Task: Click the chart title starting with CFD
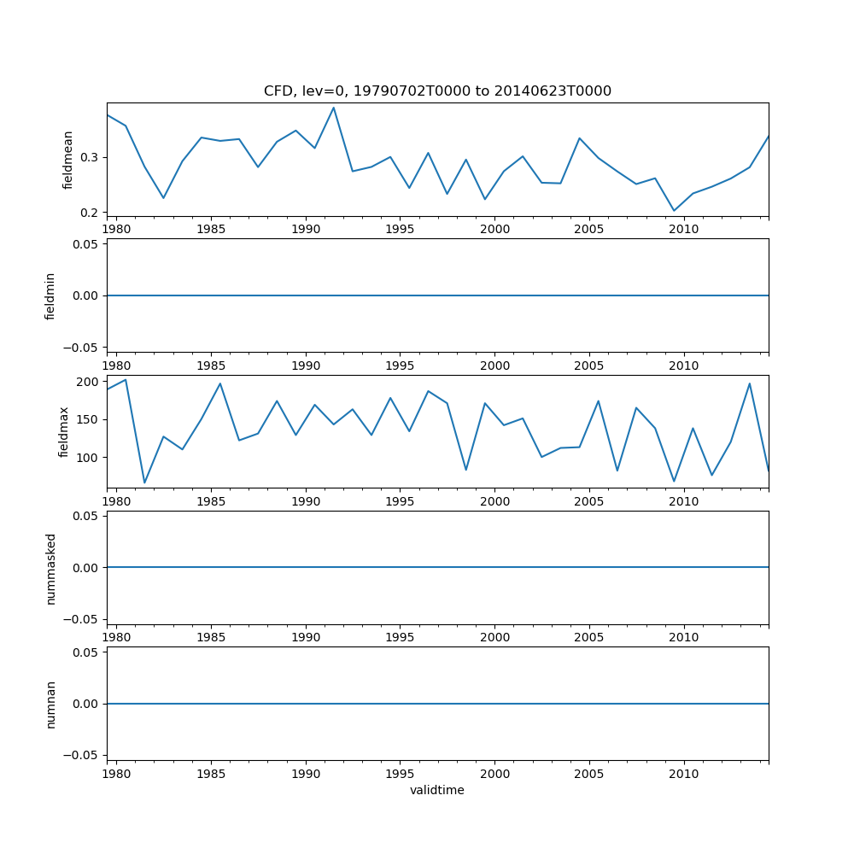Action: [x=437, y=91]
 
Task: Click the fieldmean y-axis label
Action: [x=68, y=160]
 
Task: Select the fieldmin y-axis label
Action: [x=50, y=295]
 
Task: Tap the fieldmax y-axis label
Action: [x=64, y=432]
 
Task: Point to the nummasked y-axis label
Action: [x=50, y=568]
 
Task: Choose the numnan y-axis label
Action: [x=50, y=704]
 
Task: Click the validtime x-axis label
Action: [x=437, y=791]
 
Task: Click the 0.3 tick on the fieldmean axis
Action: [x=88, y=158]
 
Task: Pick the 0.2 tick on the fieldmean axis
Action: [x=88, y=213]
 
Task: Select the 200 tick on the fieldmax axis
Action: [x=85, y=382]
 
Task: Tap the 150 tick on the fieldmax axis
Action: [x=85, y=419]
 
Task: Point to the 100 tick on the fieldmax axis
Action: [x=85, y=458]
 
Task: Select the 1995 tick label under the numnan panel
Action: [x=400, y=775]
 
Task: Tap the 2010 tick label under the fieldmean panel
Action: [x=684, y=230]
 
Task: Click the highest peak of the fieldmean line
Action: [x=333, y=108]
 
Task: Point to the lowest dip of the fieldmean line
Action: [x=674, y=211]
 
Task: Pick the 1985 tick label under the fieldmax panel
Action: [x=211, y=502]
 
